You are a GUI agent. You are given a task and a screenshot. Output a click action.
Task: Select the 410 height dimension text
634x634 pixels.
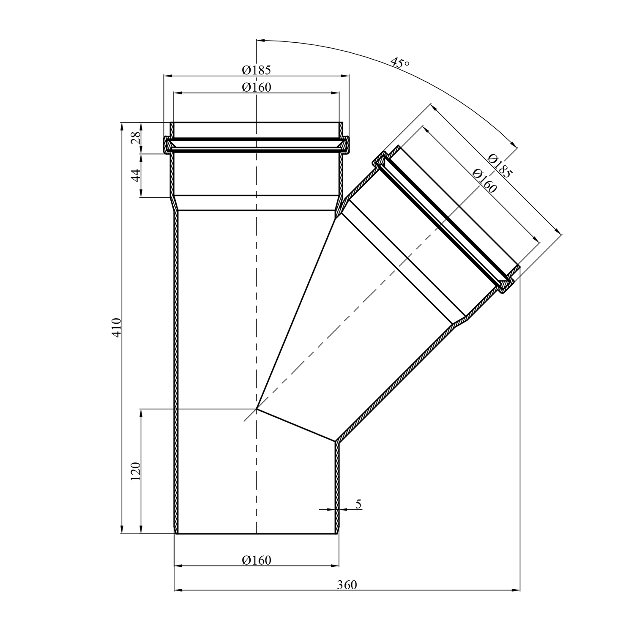(117, 326)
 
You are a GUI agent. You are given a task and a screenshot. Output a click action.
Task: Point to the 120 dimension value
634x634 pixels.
(135, 471)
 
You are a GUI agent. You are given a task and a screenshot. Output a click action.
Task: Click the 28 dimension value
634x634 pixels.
(135, 138)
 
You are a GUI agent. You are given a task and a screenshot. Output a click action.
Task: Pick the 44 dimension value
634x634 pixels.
(135, 175)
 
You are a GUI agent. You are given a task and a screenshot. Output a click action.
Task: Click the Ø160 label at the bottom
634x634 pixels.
(257, 560)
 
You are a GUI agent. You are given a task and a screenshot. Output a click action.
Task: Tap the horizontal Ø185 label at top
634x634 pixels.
(257, 69)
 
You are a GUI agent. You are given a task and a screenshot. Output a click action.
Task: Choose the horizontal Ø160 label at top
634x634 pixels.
(257, 87)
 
